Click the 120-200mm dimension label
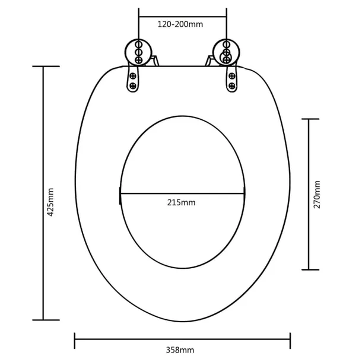[x=180, y=24]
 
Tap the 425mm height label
[x=50, y=202]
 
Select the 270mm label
[x=317, y=195]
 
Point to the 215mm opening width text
[x=181, y=202]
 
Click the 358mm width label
[x=180, y=350]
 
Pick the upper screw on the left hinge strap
[x=133, y=76]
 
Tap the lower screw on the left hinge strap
[x=133, y=86]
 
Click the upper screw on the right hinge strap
[x=232, y=76]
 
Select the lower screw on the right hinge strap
[x=232, y=86]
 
